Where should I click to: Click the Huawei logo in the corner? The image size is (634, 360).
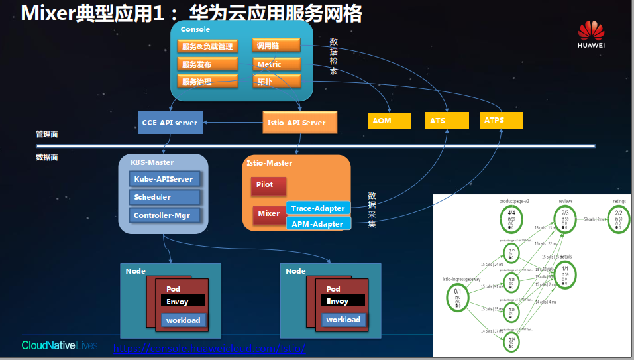coord(591,34)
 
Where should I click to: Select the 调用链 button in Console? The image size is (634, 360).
coord(276,45)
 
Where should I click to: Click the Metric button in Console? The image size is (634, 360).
coord(276,64)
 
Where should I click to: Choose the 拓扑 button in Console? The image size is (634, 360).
coord(276,81)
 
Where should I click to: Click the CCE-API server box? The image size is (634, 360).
coord(170,123)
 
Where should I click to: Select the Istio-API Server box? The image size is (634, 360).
coord(296,123)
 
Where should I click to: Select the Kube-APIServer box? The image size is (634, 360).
coord(164,179)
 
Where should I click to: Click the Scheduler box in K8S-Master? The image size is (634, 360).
coord(164,197)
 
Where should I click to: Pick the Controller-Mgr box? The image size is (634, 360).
coord(164,215)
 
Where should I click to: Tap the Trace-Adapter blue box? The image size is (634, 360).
coord(318,208)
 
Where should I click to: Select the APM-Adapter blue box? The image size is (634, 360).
coord(318,224)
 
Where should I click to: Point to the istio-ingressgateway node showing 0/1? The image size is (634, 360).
coord(458,294)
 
